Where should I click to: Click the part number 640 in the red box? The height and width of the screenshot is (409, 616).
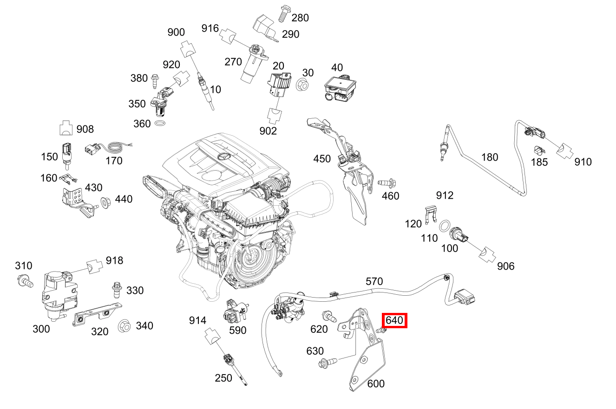[x=394, y=320]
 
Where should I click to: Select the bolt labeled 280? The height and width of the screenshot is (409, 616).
[x=282, y=14]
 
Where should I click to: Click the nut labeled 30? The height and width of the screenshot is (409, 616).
[x=301, y=85]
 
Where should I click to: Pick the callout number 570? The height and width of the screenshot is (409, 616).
[x=374, y=281]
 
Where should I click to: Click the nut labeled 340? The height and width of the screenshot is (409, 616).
[x=124, y=326]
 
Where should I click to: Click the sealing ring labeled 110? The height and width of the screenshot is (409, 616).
[x=444, y=227]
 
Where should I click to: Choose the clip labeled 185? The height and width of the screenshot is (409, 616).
[x=538, y=150]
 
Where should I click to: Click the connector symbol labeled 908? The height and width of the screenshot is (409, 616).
[x=66, y=128]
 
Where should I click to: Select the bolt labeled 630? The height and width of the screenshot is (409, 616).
[x=326, y=362]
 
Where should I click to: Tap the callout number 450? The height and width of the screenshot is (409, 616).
[x=322, y=159]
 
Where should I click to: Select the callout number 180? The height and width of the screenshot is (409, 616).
[x=489, y=157]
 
